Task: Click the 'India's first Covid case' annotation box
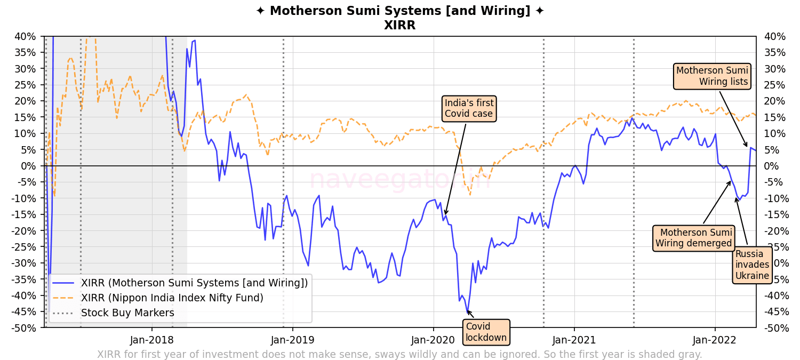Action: (x=469, y=108)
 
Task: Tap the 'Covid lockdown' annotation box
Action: (x=486, y=332)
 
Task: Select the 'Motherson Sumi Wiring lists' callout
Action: (x=712, y=76)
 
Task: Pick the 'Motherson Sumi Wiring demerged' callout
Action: (x=693, y=238)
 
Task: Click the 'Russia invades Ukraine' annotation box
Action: (x=752, y=265)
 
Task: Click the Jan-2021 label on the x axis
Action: (x=574, y=340)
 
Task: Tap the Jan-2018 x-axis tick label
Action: (x=152, y=340)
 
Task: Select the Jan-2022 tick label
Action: (x=715, y=340)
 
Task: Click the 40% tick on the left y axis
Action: (x=26, y=37)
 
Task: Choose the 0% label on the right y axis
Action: (x=771, y=166)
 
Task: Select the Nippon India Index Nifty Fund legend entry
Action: (x=172, y=298)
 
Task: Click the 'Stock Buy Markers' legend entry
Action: (x=127, y=313)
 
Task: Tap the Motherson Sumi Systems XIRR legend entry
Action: (x=194, y=283)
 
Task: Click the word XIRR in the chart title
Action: (x=399, y=25)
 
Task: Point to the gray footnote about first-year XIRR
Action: (x=399, y=354)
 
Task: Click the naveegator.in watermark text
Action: (x=399, y=179)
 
